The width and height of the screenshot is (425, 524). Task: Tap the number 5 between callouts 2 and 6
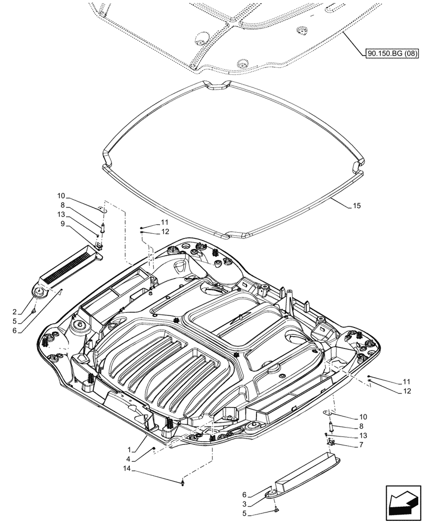[16, 322]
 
